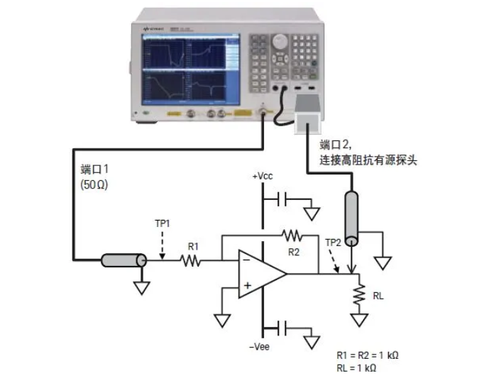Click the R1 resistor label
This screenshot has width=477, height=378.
(x=192, y=247)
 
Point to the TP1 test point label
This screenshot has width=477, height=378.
(x=163, y=223)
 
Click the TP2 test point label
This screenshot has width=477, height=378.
(x=333, y=243)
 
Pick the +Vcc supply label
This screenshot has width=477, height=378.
(x=264, y=175)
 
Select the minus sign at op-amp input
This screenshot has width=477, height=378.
(x=244, y=261)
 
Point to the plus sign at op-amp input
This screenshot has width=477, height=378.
(x=245, y=286)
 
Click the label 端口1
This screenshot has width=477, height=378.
(x=96, y=169)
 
